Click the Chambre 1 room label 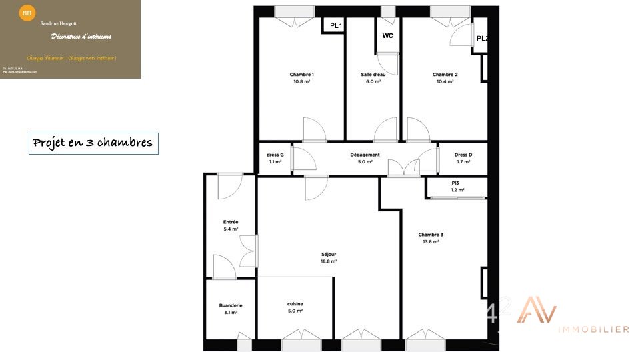click(x=302, y=74)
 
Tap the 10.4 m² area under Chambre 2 click(x=445, y=81)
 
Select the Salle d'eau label click(x=373, y=74)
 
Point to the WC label click(x=387, y=36)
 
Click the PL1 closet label click(x=336, y=26)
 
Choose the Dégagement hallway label click(x=365, y=155)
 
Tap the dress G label click(x=275, y=155)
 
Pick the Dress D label click(x=463, y=155)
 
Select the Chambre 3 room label click(x=431, y=234)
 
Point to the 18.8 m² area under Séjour click(x=329, y=261)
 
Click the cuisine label click(x=295, y=304)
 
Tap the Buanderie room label click(x=231, y=305)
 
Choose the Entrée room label click(x=231, y=222)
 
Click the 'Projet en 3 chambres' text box click(x=93, y=143)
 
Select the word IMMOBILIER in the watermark click(x=593, y=329)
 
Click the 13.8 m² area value click(x=431, y=241)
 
